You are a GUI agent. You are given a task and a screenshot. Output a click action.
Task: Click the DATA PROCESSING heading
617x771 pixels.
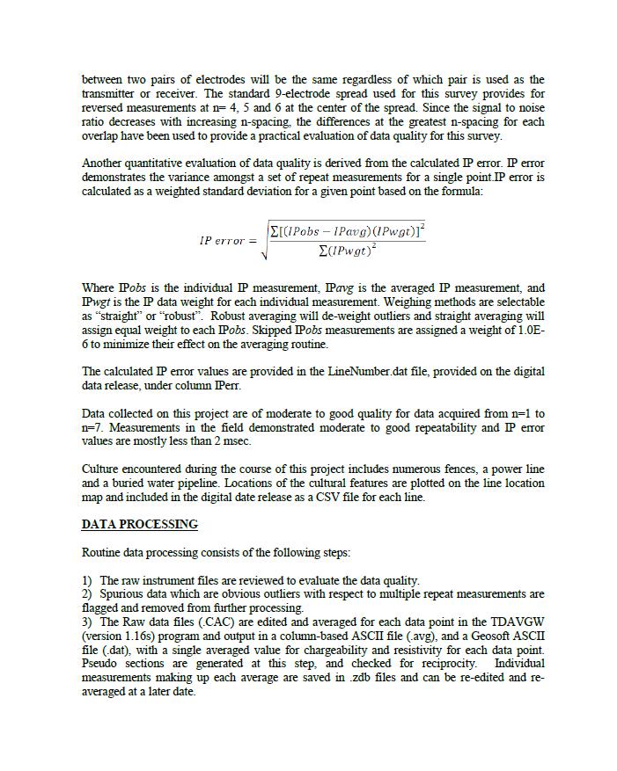tap(139, 525)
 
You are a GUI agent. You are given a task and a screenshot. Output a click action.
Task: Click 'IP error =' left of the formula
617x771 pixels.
tap(228, 241)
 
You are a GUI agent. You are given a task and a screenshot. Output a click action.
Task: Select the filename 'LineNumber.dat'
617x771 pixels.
tap(366, 372)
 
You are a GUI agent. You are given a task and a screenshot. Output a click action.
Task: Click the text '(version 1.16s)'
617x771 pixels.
tap(118, 636)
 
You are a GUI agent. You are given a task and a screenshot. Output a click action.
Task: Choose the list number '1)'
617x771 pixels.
tap(87, 581)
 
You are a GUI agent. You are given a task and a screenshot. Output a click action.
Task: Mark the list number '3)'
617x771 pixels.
tap(87, 622)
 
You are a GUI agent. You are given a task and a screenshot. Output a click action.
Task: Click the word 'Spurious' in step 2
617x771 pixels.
tap(122, 594)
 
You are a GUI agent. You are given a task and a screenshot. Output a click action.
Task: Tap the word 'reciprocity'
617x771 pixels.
tap(444, 664)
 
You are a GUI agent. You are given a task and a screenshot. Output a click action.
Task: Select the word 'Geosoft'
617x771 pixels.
tap(495, 636)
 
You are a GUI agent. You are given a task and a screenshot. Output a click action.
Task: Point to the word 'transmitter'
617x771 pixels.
tap(112, 94)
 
